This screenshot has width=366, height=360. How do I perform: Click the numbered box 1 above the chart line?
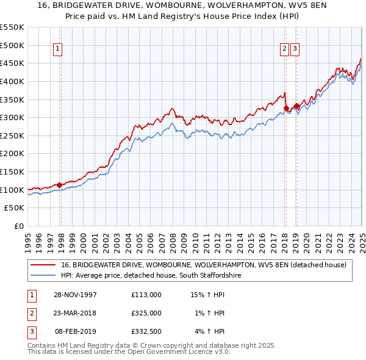[57, 49]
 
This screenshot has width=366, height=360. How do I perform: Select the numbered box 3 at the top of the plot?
[295, 49]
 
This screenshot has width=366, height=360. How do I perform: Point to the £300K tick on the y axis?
[12, 117]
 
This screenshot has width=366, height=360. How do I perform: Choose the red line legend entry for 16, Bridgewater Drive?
[204, 265]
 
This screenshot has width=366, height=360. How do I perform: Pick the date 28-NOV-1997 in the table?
[76, 295]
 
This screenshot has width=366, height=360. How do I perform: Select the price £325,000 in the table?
[146, 313]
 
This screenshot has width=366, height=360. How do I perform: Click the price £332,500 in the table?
[146, 331]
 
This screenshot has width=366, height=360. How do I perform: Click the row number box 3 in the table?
[30, 331]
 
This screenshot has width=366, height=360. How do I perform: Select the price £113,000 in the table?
[146, 295]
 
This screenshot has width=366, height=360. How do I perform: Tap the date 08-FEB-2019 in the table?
[76, 331]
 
